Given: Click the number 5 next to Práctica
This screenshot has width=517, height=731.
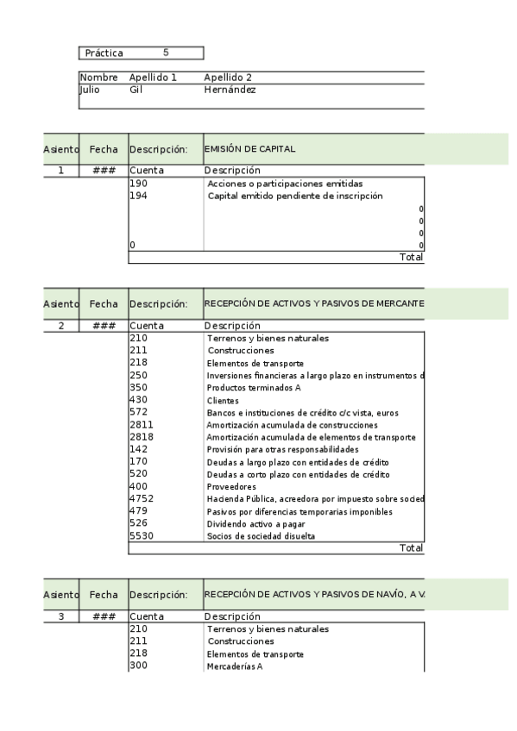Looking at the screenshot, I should [x=166, y=53].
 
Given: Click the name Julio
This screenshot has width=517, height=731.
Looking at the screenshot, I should [x=90, y=90].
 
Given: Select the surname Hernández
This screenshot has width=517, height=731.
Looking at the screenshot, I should [x=230, y=90].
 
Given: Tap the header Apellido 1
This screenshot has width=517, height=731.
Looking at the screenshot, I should [x=153, y=78].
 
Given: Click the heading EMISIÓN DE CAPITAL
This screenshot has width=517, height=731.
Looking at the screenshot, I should [x=249, y=149].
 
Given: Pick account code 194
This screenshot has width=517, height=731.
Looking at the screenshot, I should [x=137, y=196].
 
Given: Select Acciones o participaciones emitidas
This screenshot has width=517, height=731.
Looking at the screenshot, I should [x=285, y=184].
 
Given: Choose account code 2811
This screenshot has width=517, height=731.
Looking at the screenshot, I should [x=140, y=425].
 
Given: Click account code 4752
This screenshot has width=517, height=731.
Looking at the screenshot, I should [x=140, y=499].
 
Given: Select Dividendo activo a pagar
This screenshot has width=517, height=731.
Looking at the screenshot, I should [x=255, y=524].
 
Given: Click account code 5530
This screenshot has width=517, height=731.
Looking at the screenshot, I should [x=140, y=536].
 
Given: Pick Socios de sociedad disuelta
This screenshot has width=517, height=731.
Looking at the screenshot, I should [x=261, y=536].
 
